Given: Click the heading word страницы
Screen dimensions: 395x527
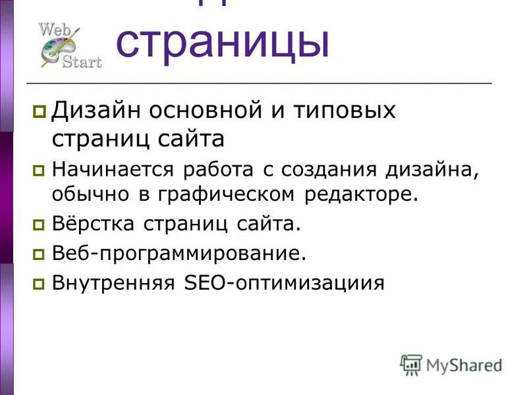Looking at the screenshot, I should [223, 43].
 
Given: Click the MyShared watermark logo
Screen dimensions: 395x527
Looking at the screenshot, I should [451, 364].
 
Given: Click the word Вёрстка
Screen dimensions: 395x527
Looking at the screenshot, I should [94, 224].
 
